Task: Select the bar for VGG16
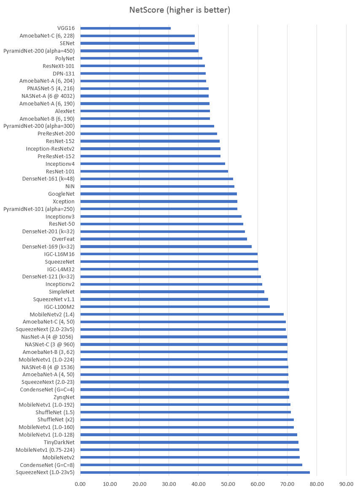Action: pos(125,28)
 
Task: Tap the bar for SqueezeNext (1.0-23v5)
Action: pos(195,472)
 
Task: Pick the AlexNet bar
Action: pos(145,111)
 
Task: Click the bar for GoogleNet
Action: pos(159,194)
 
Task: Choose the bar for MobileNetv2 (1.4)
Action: pos(182,314)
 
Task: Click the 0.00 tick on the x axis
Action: pos(80,484)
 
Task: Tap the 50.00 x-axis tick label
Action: pos(228,484)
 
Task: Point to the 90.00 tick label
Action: pos(346,484)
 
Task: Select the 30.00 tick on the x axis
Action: pos(169,484)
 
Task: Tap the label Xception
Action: pos(64,202)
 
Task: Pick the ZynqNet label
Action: pos(64,397)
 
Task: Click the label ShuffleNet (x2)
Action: pos(56,420)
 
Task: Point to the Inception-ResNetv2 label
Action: pos(50,149)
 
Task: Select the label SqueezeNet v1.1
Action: pos(54,299)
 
